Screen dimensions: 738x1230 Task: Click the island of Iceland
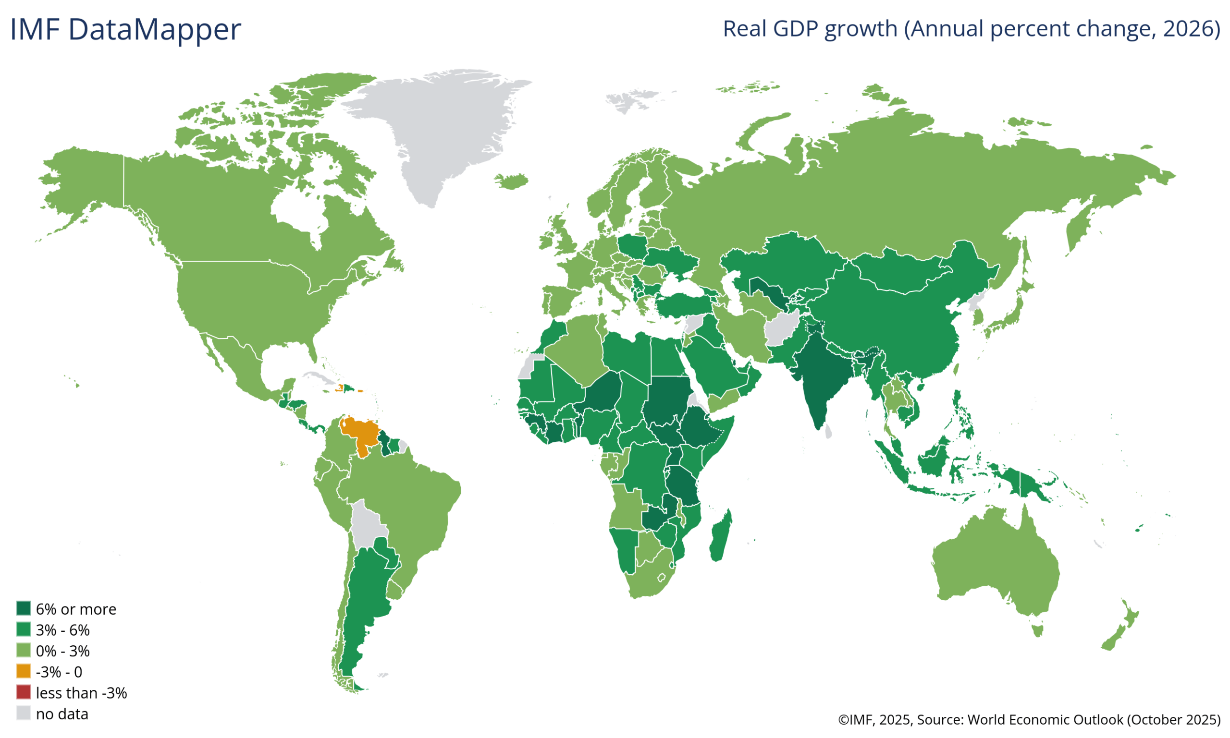tap(512, 181)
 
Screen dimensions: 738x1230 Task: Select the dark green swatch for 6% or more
tap(24, 608)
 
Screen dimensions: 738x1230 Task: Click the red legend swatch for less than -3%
tap(24, 692)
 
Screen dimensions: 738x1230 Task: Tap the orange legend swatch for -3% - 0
tap(24, 671)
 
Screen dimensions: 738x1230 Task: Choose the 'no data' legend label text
tap(61, 714)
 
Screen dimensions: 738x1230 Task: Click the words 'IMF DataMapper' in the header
tap(125, 29)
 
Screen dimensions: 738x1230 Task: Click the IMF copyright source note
tap(1029, 720)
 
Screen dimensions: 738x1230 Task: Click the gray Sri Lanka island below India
tap(828, 431)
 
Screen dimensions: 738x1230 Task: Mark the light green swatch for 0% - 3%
tap(24, 651)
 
